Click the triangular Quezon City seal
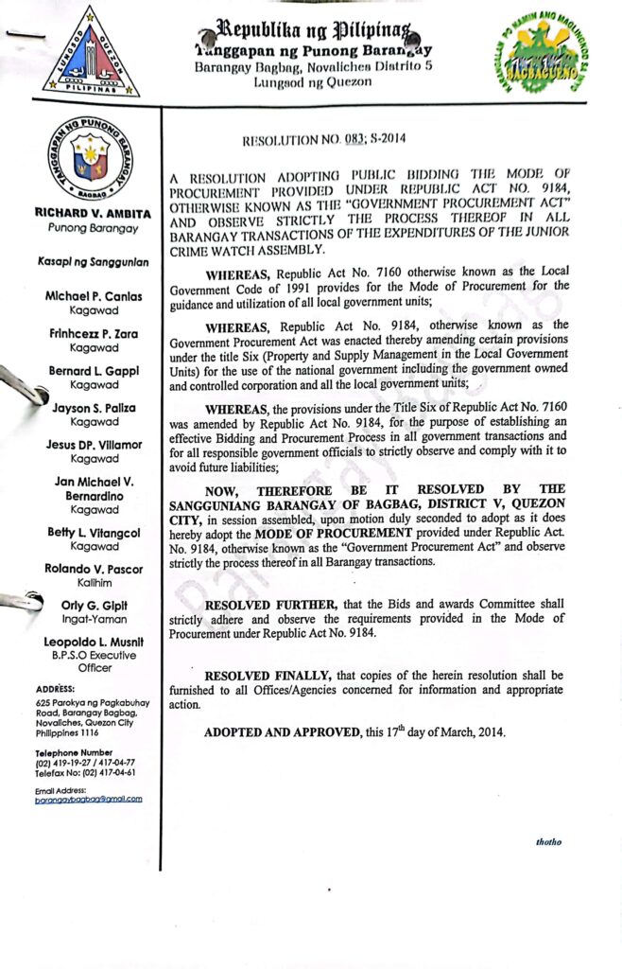pos(91,55)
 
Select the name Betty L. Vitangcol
pos(93,533)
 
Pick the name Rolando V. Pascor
pos(93,569)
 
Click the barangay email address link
pos(88,799)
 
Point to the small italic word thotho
pos(549,841)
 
